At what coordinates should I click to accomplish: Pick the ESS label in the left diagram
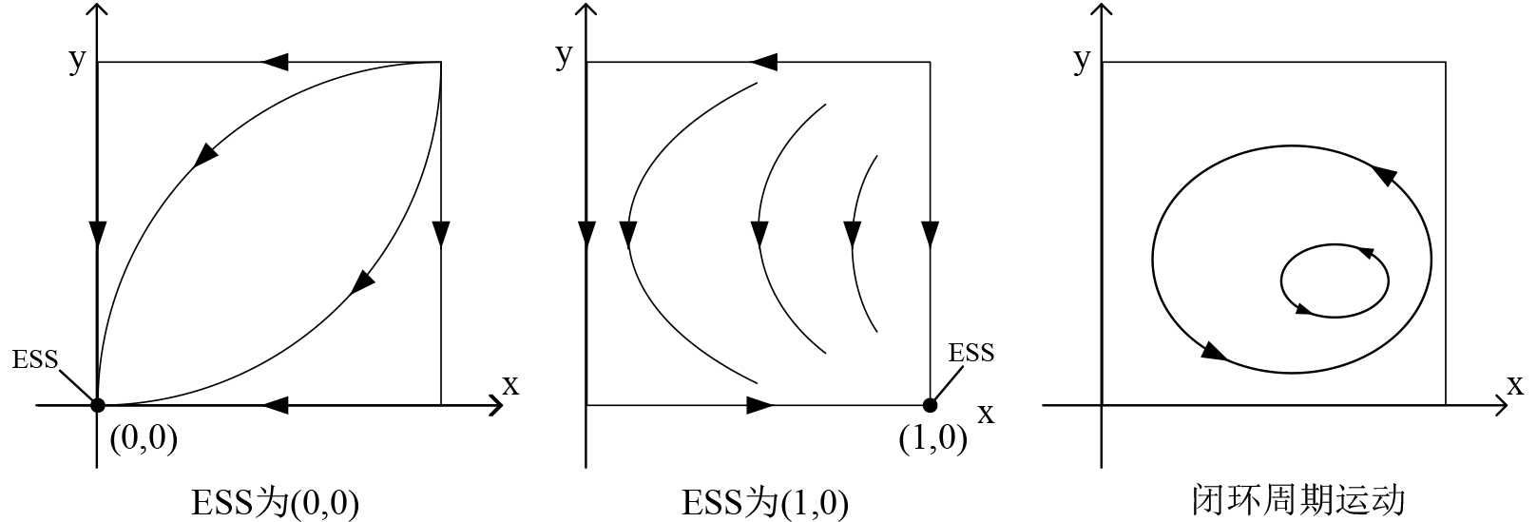coord(35,359)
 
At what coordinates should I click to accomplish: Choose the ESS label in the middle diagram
coord(970,353)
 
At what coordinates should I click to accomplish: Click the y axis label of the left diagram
coord(77,59)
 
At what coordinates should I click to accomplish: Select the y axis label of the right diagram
coord(1081,59)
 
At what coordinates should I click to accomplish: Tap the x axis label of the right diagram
coord(1514,385)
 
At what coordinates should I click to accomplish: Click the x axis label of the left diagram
coord(510,385)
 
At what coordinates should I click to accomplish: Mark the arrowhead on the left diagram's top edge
coord(275,62)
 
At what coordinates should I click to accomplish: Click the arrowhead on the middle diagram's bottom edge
coord(759,405)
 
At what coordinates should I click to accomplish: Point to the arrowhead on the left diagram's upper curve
coord(205,155)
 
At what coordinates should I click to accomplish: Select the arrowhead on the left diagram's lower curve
coord(363,280)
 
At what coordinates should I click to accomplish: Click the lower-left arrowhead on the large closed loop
coord(1212,351)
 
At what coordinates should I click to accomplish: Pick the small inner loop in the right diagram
coord(1335,280)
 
